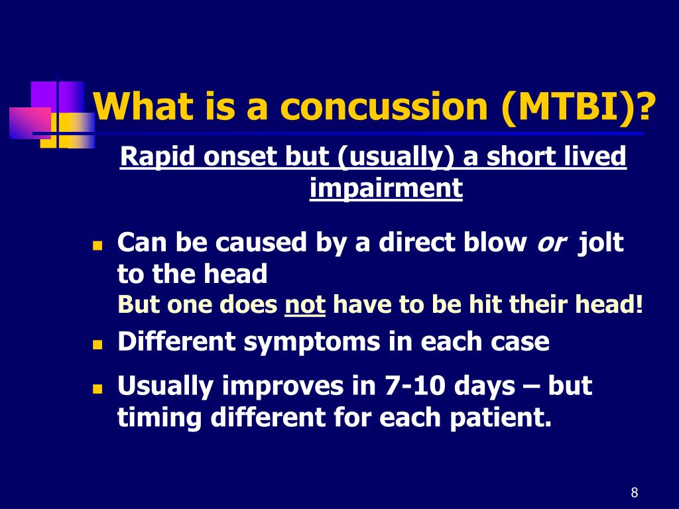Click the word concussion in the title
[x=384, y=107]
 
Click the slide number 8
[x=635, y=492]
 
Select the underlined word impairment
[x=387, y=188]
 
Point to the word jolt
[x=601, y=241]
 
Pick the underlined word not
[x=305, y=305]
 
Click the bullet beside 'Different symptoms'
[x=97, y=345]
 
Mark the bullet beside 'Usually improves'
[x=97, y=388]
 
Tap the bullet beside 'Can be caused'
[x=97, y=246]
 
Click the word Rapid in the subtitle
[x=158, y=157]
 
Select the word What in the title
[x=143, y=106]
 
